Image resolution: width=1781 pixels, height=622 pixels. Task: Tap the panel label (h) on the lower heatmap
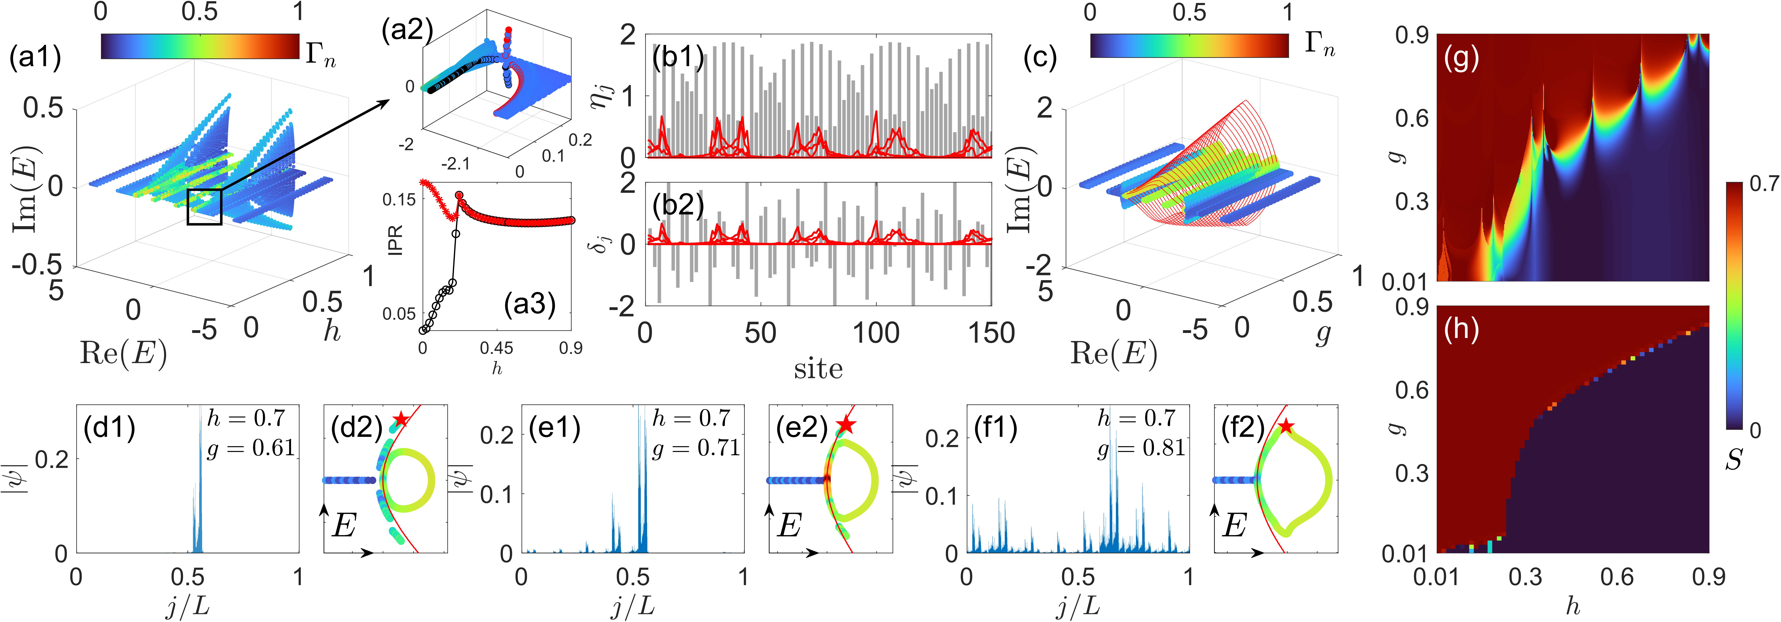1461,329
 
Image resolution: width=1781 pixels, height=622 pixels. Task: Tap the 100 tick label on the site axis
875,333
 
